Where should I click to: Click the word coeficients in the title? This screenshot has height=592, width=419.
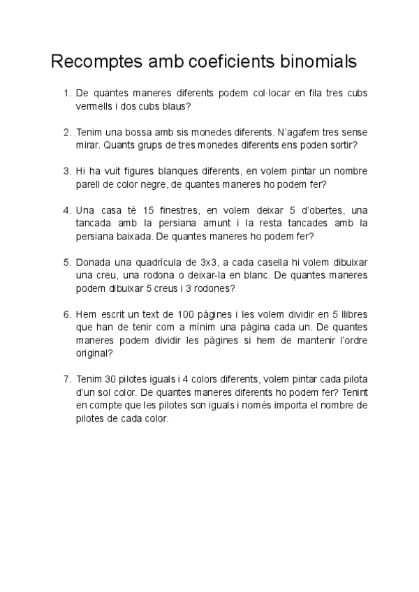(226, 62)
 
